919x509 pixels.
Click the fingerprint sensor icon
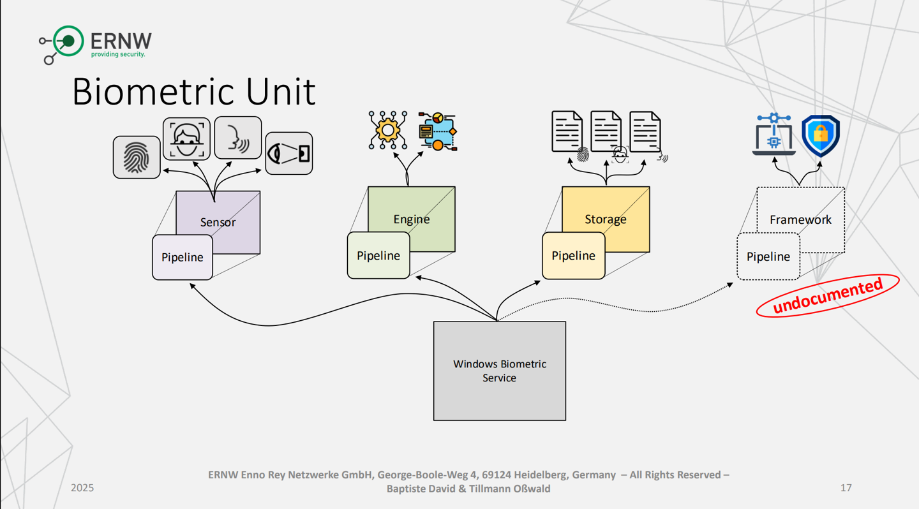click(x=137, y=157)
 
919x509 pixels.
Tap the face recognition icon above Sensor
click(x=186, y=138)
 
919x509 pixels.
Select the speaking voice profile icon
click(x=238, y=137)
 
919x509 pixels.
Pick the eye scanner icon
click(x=289, y=153)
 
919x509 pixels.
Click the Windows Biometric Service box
click(x=499, y=371)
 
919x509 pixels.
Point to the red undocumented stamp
click(x=827, y=295)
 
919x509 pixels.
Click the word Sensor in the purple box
click(x=218, y=222)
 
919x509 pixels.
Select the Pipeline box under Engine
click(x=378, y=255)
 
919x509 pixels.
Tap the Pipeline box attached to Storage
click(x=573, y=255)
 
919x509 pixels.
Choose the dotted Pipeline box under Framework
click(x=768, y=256)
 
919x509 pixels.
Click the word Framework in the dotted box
click(x=800, y=219)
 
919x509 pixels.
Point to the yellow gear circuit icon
click(x=387, y=130)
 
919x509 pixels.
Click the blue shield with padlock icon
click(x=820, y=135)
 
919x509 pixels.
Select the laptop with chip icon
click(x=774, y=135)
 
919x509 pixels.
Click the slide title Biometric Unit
click(x=193, y=92)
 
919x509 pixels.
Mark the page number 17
click(x=846, y=488)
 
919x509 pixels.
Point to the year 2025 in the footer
click(x=82, y=488)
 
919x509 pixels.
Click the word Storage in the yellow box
click(x=605, y=219)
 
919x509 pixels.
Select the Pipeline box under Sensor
click(x=182, y=257)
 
